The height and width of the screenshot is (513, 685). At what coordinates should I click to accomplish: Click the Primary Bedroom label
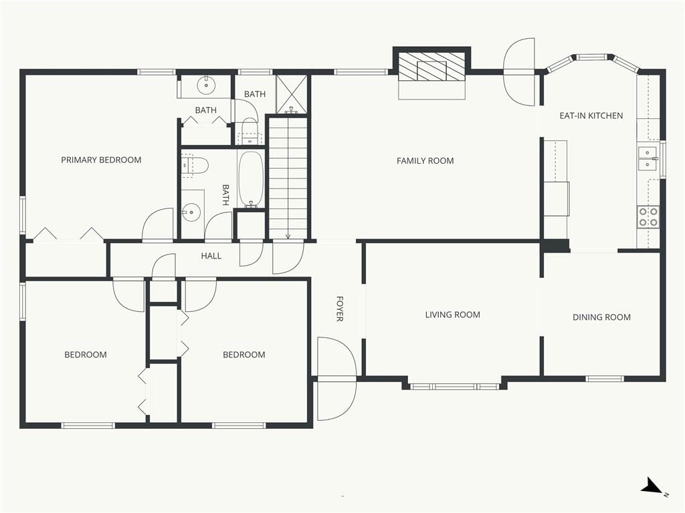coord(101,160)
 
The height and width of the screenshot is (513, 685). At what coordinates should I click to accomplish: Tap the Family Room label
coord(425,161)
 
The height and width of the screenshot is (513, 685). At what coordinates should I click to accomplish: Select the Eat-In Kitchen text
coord(591,116)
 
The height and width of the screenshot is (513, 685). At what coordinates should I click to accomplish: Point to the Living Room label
coord(453,315)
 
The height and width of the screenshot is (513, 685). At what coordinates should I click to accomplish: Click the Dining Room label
coord(601,317)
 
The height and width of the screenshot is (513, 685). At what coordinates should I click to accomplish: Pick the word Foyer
coord(339,309)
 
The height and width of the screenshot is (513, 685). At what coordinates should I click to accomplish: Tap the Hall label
coord(211,256)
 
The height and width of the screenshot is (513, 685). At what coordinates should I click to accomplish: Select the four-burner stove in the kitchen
coord(648,217)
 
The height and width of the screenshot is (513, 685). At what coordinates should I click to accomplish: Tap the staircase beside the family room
coord(288,178)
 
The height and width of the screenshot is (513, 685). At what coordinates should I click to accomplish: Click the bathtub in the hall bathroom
coord(251,179)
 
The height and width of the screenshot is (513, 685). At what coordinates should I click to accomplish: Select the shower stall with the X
coord(292,94)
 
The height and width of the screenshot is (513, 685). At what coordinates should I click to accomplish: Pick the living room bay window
coord(454,386)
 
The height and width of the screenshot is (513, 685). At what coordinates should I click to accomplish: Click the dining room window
coord(605,379)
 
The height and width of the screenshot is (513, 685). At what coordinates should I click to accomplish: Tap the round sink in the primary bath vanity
coord(205,85)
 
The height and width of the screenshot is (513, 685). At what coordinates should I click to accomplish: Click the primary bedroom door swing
coord(158,225)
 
